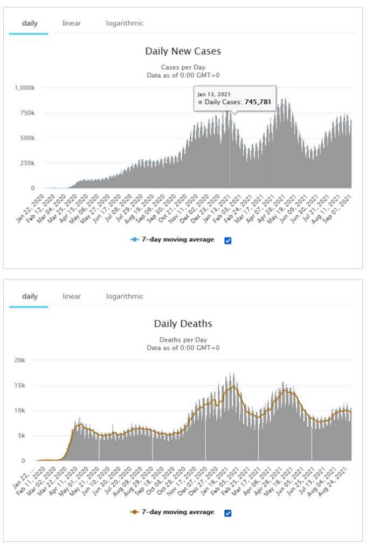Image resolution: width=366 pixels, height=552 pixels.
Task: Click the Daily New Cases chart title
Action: point(183,51)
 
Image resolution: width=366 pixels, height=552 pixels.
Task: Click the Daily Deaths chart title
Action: point(183,324)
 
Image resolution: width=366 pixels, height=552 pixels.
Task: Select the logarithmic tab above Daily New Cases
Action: point(125,24)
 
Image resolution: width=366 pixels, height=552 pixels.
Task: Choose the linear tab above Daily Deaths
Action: point(72,296)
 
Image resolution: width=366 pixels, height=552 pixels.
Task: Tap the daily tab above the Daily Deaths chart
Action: point(30,296)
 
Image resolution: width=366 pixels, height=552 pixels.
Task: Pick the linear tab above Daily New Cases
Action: point(72,24)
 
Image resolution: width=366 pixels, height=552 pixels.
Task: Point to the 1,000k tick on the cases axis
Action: point(24,87)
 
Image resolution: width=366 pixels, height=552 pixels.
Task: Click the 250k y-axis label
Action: point(27,163)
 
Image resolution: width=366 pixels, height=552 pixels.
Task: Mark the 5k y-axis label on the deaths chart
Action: point(29,435)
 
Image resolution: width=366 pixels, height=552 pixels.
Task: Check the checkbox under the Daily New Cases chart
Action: point(227,240)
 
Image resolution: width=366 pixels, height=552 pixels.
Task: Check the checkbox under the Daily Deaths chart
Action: point(227,513)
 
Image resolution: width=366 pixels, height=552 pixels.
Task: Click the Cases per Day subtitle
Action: point(183,67)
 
